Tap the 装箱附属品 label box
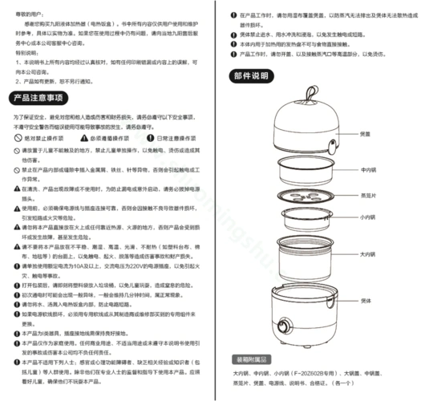click(x=252, y=359)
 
